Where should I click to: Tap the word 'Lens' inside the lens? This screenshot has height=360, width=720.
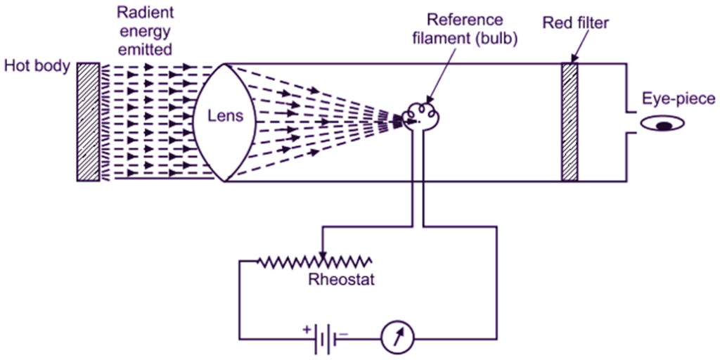tap(226, 117)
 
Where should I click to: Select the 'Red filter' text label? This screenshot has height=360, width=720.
tap(576, 23)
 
